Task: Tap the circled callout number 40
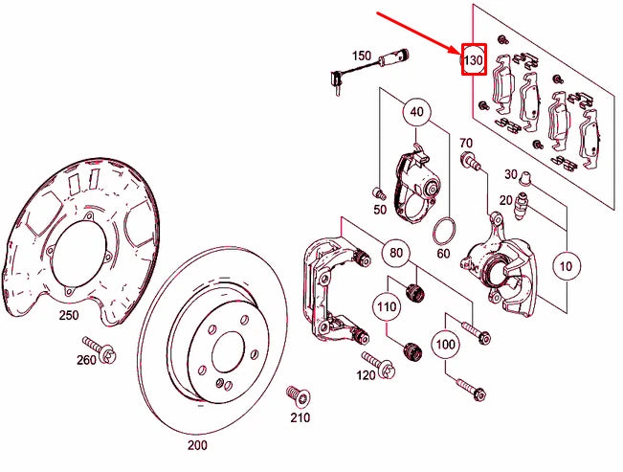pyautogui.click(x=415, y=112)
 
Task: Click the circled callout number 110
pyautogui.click(x=387, y=308)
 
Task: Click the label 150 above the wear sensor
pyautogui.click(x=361, y=56)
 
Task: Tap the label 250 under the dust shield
pyautogui.click(x=69, y=315)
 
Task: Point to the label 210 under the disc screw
pyautogui.click(x=300, y=418)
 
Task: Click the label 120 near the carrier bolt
pyautogui.click(x=367, y=375)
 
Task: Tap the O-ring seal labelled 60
pyautogui.click(x=443, y=232)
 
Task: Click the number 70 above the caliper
pyautogui.click(x=467, y=144)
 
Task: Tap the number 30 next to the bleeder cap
pyautogui.click(x=511, y=174)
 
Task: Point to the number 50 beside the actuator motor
pyautogui.click(x=380, y=209)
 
